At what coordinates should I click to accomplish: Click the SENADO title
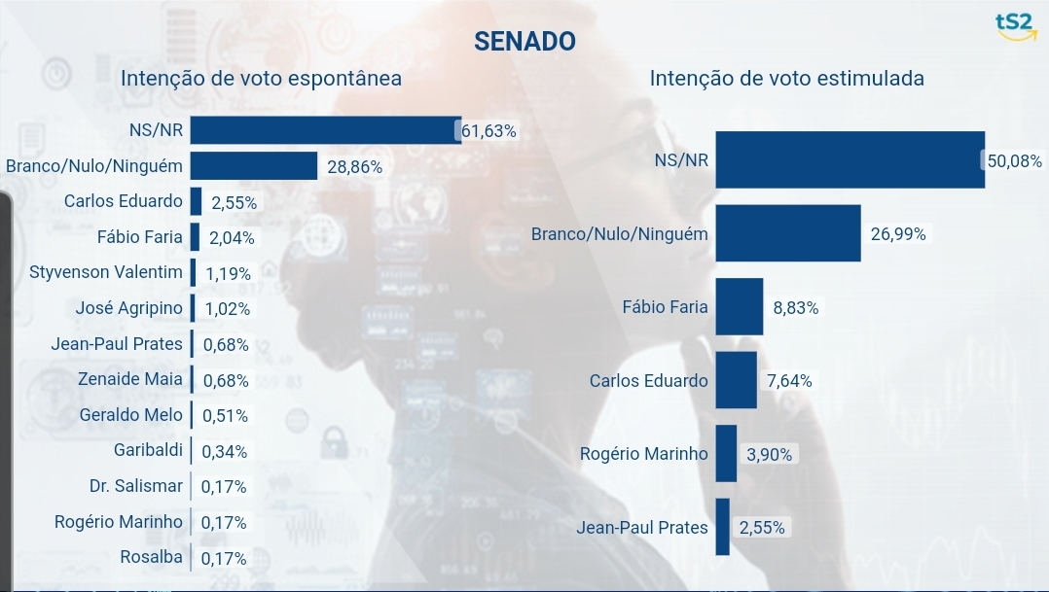tap(524, 41)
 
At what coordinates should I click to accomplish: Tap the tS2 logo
tap(1016, 27)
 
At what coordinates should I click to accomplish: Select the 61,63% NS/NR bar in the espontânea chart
tap(325, 130)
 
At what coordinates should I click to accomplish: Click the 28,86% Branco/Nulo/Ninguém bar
tap(254, 166)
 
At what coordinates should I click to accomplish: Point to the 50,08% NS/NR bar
tap(850, 159)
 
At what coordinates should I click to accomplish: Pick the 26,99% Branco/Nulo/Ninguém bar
tap(788, 233)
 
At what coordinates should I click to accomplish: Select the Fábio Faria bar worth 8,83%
tap(739, 307)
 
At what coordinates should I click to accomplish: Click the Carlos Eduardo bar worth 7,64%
tap(736, 380)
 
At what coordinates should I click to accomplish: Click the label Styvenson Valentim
tap(106, 272)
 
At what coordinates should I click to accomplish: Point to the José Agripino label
tap(128, 308)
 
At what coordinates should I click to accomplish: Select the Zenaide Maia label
tap(130, 379)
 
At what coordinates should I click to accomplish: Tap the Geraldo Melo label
tap(130, 415)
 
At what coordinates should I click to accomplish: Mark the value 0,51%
tap(225, 416)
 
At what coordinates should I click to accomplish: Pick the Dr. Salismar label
tap(135, 486)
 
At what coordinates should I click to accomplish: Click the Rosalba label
tap(151, 557)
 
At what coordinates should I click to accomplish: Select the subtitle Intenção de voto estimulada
tap(786, 79)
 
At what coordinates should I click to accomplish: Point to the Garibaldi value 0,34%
tap(224, 451)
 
